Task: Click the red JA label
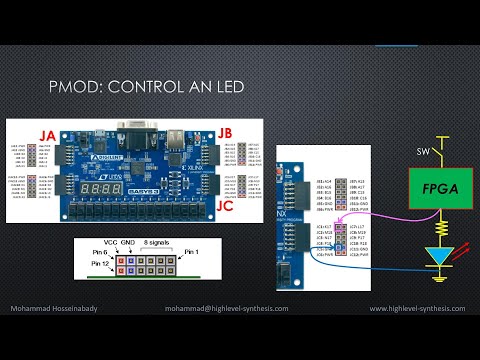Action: (47, 134)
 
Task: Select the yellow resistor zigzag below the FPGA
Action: (437, 229)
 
